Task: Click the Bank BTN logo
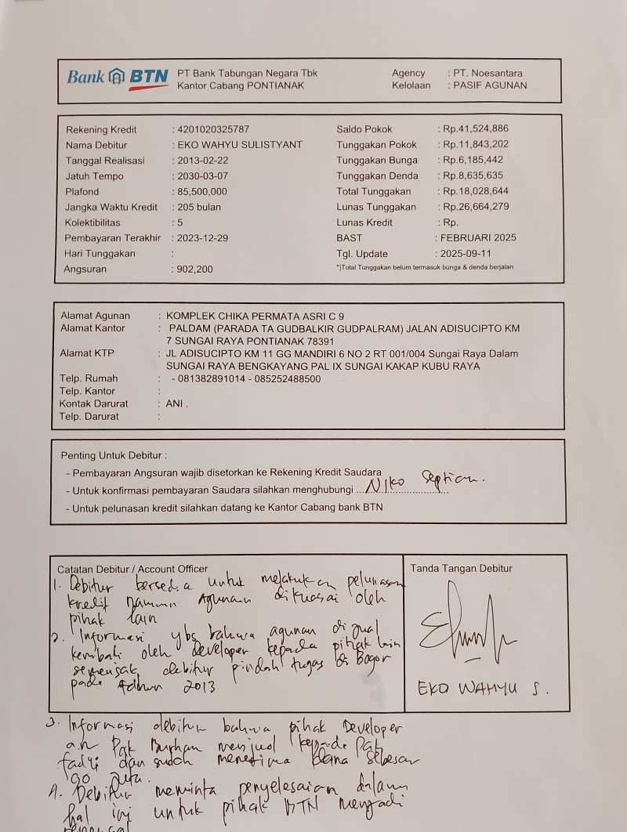(x=118, y=77)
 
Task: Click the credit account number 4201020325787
(x=214, y=129)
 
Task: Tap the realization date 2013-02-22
(x=203, y=161)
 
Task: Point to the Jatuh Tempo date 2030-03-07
(x=203, y=176)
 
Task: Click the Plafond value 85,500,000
(x=202, y=192)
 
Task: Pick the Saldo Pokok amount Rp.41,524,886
(x=475, y=129)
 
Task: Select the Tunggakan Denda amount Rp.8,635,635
(x=473, y=175)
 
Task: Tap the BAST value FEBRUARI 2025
(x=478, y=237)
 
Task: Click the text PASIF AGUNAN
(x=490, y=85)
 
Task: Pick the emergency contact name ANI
(x=176, y=404)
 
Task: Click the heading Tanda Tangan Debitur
(x=461, y=569)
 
